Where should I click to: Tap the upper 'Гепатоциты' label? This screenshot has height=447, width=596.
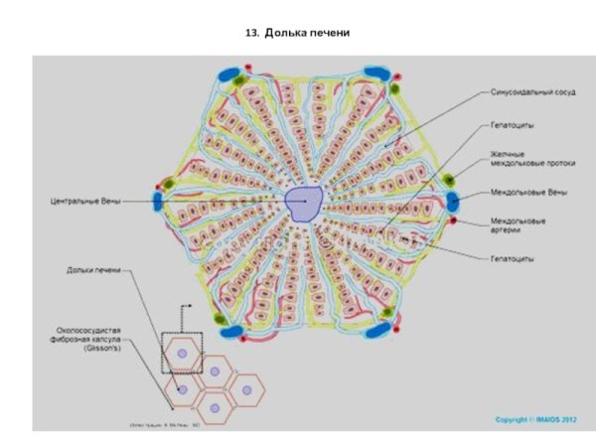click(x=513, y=127)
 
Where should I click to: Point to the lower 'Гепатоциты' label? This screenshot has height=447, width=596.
click(x=513, y=258)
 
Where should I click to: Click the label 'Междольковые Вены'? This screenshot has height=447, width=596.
click(x=529, y=192)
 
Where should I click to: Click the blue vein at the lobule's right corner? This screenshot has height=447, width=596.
click(x=454, y=202)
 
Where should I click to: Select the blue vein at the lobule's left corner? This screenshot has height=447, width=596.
click(x=156, y=201)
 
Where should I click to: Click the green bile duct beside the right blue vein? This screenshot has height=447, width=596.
click(x=449, y=180)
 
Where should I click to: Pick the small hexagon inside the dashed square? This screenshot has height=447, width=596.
click(x=182, y=355)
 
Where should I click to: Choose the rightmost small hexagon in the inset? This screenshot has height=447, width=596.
click(x=246, y=390)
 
